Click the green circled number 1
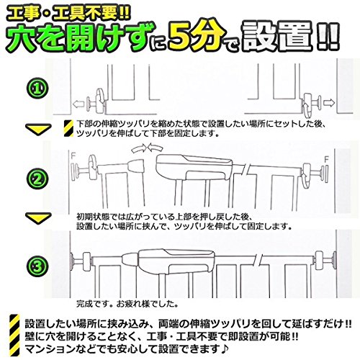tap(37, 89)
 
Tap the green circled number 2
tap(37, 179)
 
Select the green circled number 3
tap(37, 266)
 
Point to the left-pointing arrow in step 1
tap(78, 104)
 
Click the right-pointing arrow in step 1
tap(329, 103)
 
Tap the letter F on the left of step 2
tap(73, 156)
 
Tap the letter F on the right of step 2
tap(326, 159)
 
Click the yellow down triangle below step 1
tap(38, 129)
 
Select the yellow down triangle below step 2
tap(38, 218)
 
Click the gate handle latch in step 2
tap(194, 167)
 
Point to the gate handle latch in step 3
tap(176, 261)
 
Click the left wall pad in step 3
tap(71, 261)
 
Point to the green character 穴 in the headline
tap(24, 38)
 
